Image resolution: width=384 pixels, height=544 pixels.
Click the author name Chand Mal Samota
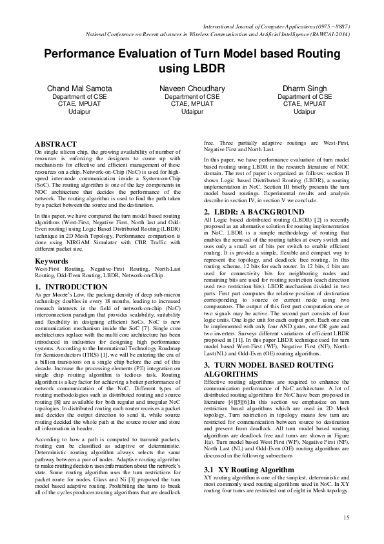click(74, 88)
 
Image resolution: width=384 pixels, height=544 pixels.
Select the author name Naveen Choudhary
click(192, 88)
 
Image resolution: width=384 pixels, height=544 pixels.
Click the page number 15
click(346, 518)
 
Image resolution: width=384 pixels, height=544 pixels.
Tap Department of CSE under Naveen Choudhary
click(192, 96)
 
